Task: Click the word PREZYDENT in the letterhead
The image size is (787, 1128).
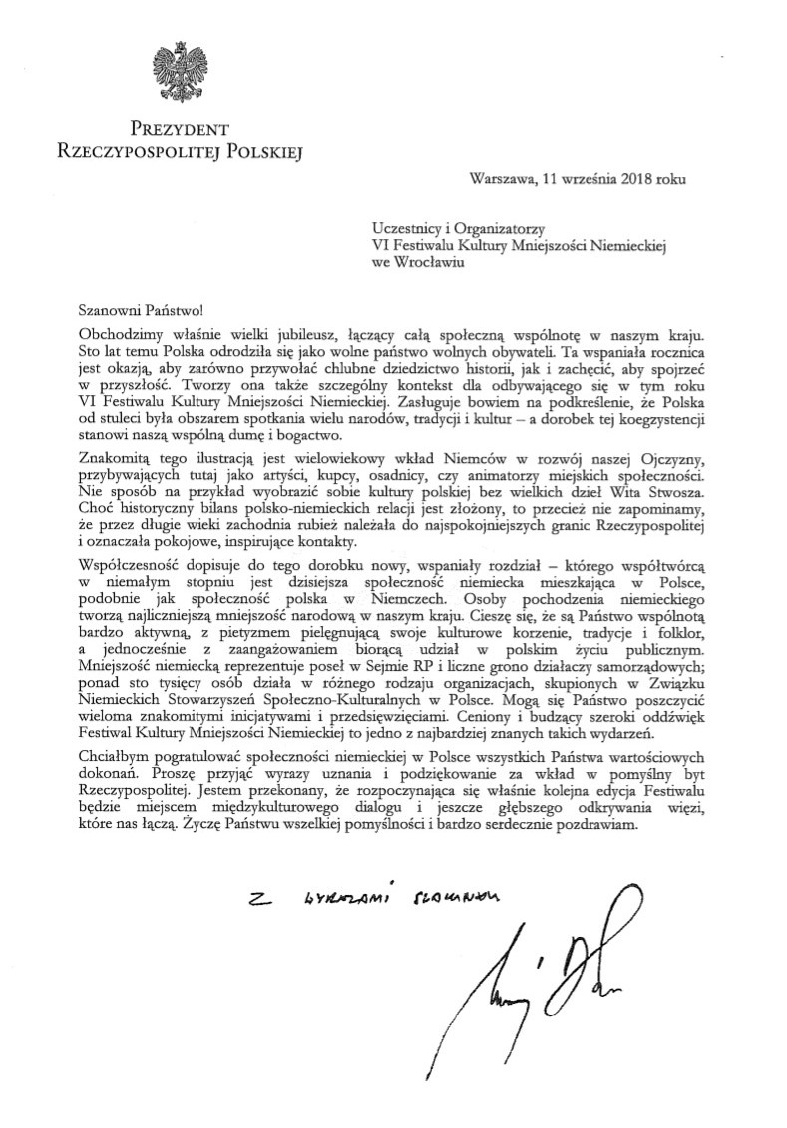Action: (179, 129)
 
